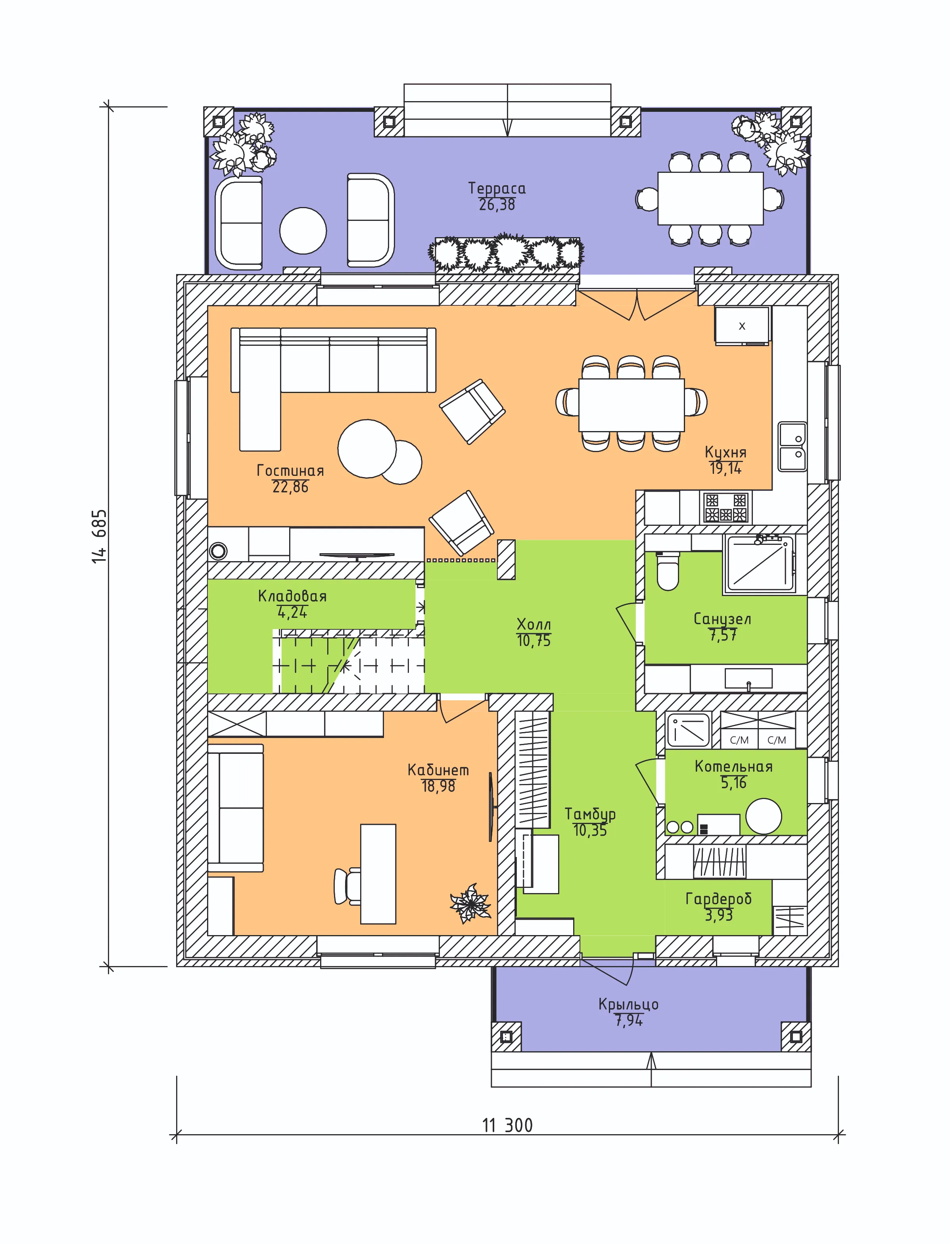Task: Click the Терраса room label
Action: pyautogui.click(x=497, y=189)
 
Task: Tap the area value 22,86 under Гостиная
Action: pyautogui.click(x=290, y=487)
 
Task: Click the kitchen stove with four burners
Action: pyautogui.click(x=726, y=507)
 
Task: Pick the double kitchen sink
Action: pyautogui.click(x=792, y=447)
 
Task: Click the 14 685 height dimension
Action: pyautogui.click(x=99, y=536)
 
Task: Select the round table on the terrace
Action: pyautogui.click(x=303, y=231)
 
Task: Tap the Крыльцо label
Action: pyautogui.click(x=628, y=1004)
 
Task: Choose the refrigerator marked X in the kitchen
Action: pyautogui.click(x=742, y=326)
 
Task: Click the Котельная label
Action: pyautogui.click(x=733, y=767)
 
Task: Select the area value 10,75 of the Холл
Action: pyautogui.click(x=533, y=641)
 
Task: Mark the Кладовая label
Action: pyautogui.click(x=292, y=596)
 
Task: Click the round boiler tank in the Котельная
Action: pyautogui.click(x=764, y=816)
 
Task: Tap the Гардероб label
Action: pyautogui.click(x=719, y=899)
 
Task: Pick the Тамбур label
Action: pyautogui.click(x=590, y=815)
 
